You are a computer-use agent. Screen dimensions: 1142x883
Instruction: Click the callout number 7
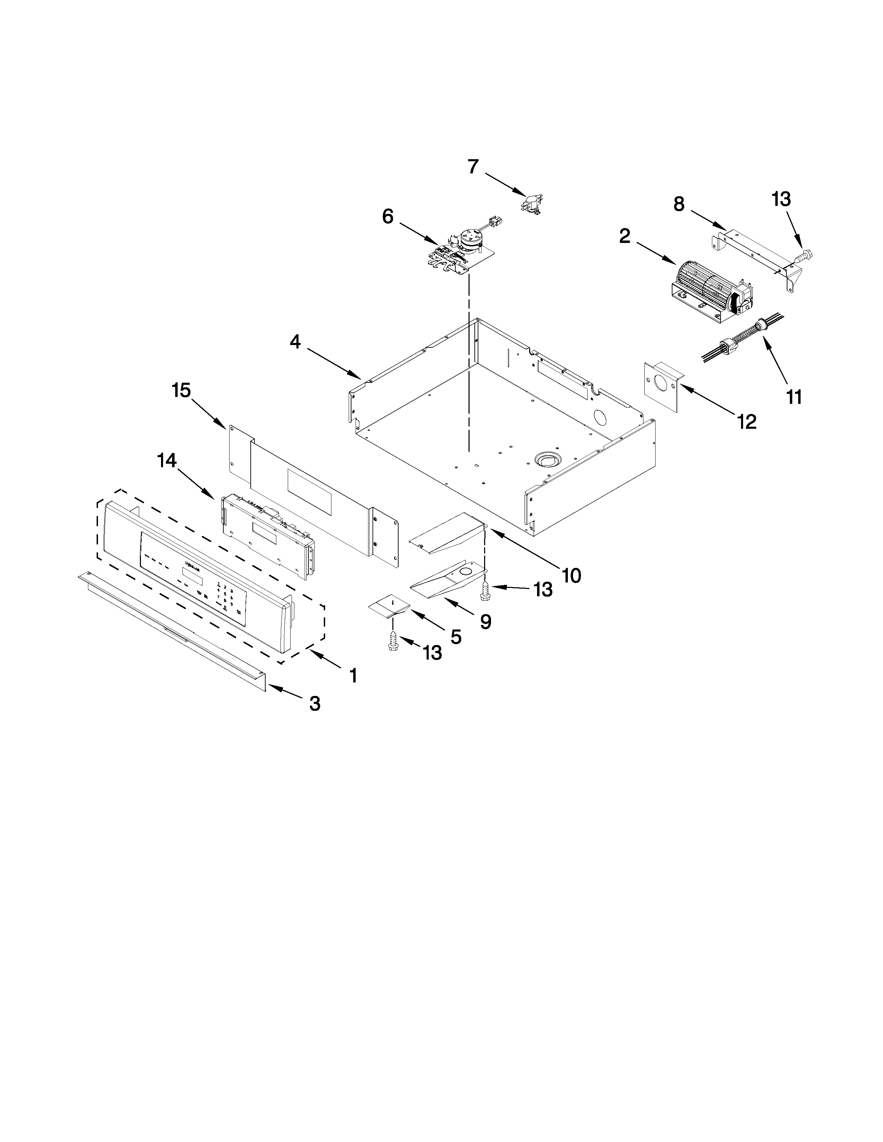(473, 167)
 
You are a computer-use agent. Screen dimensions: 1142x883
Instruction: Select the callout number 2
(625, 236)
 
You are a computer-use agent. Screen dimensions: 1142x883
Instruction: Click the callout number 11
(794, 397)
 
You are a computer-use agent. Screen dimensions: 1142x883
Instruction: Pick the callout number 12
(747, 422)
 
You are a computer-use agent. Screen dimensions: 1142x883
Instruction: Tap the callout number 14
(167, 461)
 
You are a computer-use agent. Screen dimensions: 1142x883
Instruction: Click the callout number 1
(354, 676)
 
